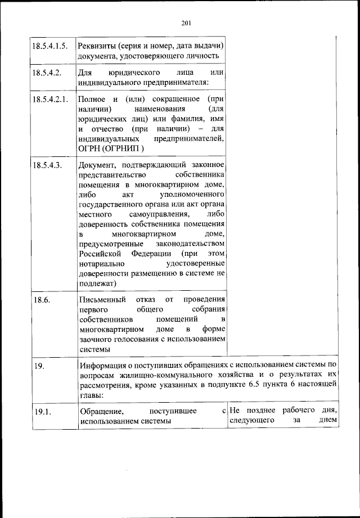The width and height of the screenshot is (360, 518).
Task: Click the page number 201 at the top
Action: pyautogui.click(x=187, y=22)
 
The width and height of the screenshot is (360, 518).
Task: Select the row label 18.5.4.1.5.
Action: pyautogui.click(x=51, y=45)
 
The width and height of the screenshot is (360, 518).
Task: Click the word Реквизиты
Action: pyautogui.click(x=98, y=45)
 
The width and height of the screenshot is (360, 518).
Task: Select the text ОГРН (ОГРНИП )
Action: pyautogui.click(x=111, y=148)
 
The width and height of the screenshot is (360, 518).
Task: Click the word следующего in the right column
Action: pyautogui.click(x=251, y=421)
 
